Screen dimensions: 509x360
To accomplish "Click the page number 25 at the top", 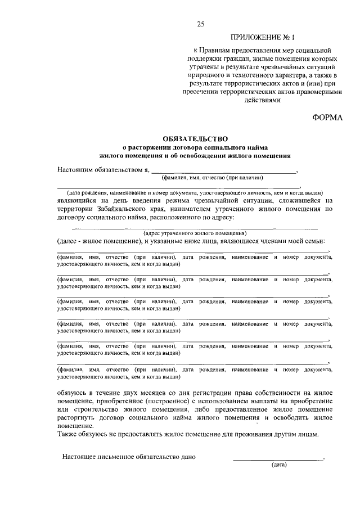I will tap(201, 23).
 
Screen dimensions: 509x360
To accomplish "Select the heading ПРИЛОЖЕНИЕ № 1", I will tap(263, 38).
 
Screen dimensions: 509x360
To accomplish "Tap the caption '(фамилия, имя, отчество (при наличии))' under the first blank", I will tap(212, 178).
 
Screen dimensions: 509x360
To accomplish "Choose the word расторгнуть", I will tap(79, 419).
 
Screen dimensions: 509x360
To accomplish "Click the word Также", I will tap(67, 435).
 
